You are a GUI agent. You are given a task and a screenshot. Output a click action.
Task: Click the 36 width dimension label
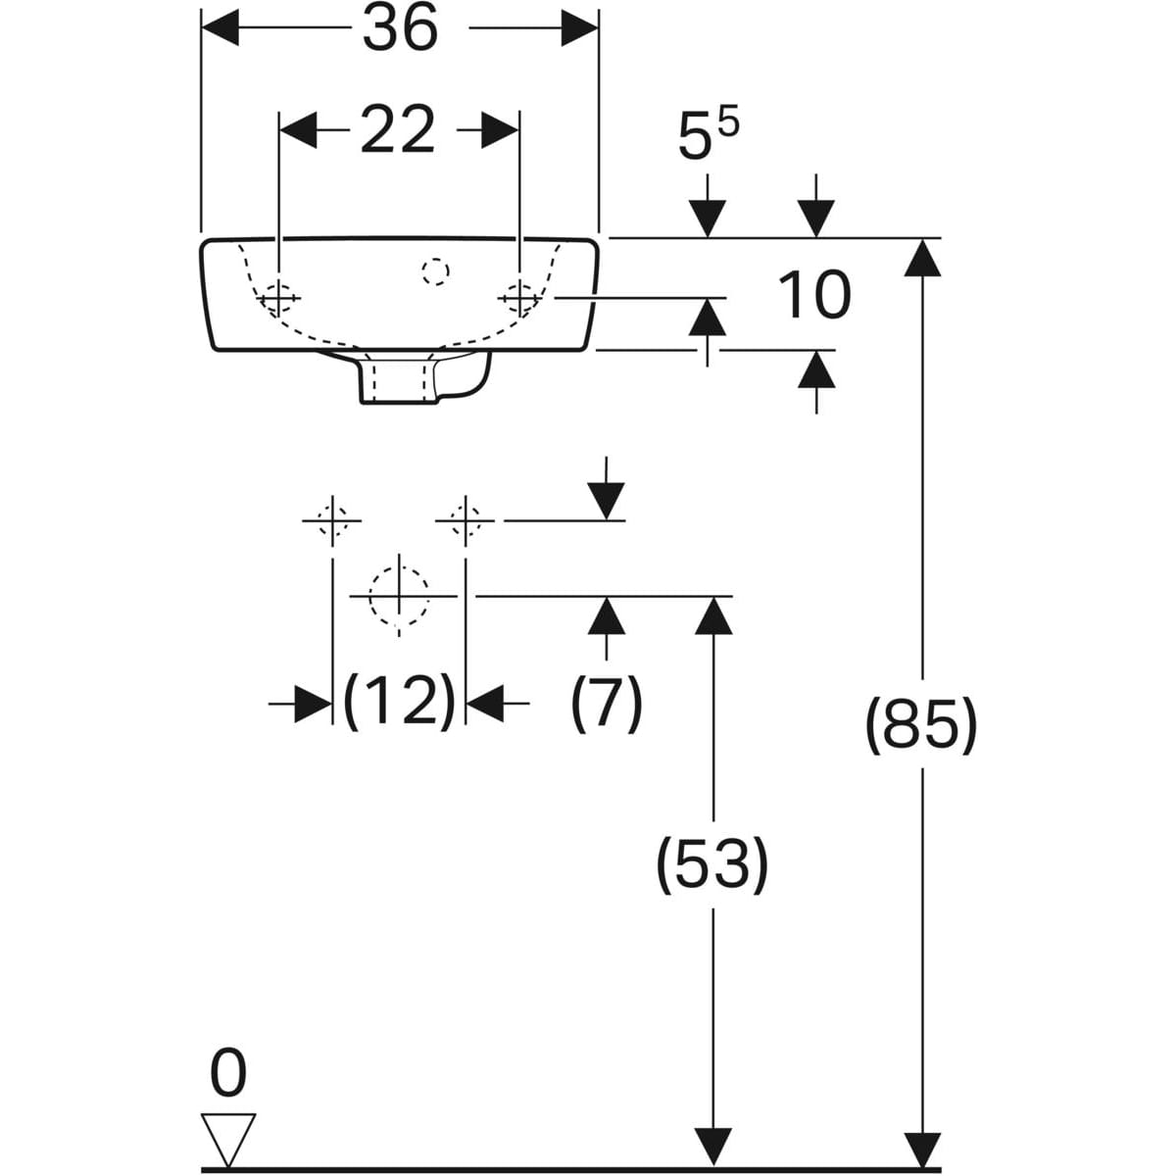coord(401,28)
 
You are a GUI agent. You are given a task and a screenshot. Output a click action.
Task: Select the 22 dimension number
coord(398,130)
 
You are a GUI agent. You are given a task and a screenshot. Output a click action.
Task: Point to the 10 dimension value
coord(814,295)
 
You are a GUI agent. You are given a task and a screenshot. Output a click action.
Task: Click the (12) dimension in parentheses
coord(399,703)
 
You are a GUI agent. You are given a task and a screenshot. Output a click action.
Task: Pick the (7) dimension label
coord(607,703)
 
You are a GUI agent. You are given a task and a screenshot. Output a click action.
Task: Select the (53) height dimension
coord(712,864)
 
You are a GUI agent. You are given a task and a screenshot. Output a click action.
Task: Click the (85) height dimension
coord(921,724)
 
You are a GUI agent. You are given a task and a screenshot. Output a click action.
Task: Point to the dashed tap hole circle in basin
coord(436,271)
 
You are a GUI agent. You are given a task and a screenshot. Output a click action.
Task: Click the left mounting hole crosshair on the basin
coord(278,299)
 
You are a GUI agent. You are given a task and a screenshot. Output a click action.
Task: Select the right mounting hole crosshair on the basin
coord(519,299)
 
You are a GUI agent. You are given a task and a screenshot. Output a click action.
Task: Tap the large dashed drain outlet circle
coord(399,596)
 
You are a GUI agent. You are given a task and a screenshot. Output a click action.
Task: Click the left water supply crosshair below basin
coord(332,521)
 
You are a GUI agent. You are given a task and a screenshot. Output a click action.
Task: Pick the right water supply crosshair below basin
coord(465,521)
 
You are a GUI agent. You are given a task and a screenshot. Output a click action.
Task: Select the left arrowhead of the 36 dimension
coord(220,28)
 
